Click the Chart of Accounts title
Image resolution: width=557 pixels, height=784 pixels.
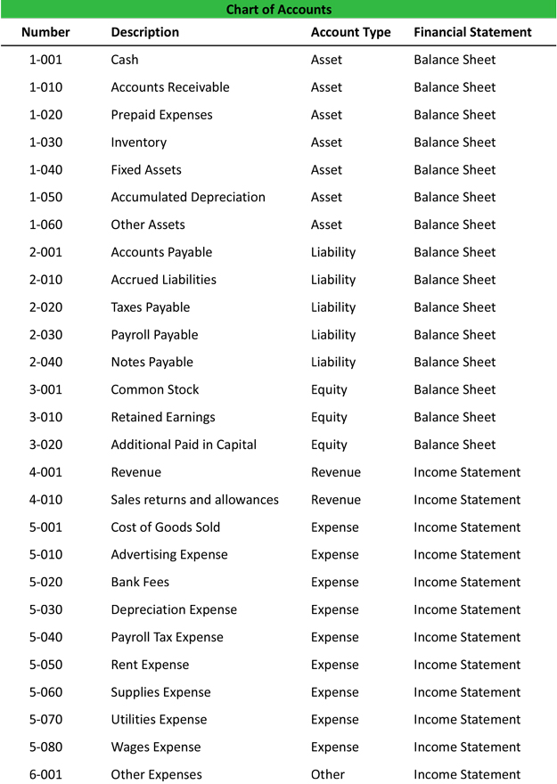pos(278,10)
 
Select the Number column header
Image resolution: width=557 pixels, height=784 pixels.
pos(45,32)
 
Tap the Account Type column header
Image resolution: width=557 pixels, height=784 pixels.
pos(350,32)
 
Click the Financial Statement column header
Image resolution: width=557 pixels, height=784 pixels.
pos(472,32)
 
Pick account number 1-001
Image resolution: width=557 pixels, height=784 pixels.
pos(45,60)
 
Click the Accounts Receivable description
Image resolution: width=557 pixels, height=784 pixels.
pos(169,87)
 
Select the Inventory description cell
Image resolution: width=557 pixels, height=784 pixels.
pos(138,143)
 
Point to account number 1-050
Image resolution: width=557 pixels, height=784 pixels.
pos(45,197)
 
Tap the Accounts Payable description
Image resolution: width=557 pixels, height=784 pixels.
pos(161,252)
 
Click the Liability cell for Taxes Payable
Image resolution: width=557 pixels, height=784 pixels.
pos(332,307)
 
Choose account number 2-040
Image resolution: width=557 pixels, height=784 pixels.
pos(45,363)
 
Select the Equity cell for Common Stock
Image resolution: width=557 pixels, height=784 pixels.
pos(329,390)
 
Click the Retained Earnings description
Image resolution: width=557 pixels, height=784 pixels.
pos(162,417)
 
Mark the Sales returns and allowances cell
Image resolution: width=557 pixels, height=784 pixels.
pos(194,500)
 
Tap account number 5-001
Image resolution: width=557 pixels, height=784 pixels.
pos(45,527)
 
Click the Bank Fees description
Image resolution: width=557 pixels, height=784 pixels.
pos(140,583)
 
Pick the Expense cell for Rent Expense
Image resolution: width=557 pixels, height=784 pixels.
pos(334,665)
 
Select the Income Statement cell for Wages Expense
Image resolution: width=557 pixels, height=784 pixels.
pos(467,747)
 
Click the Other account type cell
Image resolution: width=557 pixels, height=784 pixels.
pos(327,775)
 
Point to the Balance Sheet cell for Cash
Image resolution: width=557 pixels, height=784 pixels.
pos(455,60)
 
